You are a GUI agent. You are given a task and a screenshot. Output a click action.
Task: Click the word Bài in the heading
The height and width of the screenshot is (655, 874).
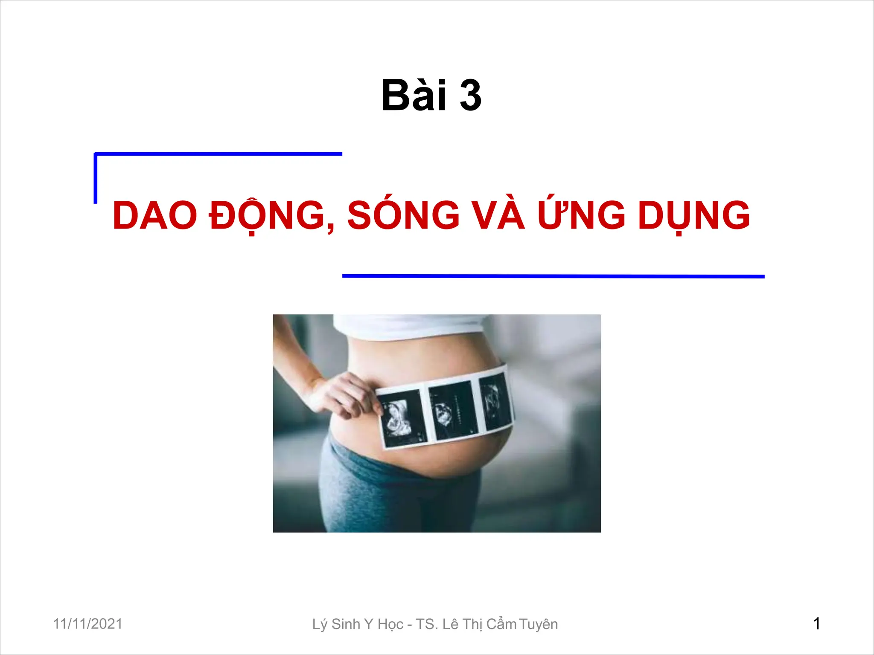tap(414, 96)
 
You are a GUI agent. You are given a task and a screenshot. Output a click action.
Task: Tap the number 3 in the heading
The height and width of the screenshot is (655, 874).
tap(470, 96)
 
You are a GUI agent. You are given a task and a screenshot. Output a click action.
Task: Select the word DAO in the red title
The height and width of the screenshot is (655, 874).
tap(154, 216)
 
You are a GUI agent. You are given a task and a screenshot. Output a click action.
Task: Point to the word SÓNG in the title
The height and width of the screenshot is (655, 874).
tap(403, 215)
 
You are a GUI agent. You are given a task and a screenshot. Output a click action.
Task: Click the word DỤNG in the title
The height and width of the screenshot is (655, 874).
tap(694, 216)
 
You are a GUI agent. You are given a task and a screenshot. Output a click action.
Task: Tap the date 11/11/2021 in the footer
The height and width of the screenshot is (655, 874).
tap(87, 623)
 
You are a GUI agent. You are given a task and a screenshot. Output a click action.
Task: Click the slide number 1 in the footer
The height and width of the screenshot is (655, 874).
tap(816, 624)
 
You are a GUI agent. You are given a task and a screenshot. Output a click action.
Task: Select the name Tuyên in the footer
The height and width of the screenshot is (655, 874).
tap(539, 624)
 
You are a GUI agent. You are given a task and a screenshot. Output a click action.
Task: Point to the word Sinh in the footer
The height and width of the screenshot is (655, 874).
tap(346, 624)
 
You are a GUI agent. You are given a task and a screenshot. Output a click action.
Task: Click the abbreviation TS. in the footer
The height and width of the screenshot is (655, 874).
tap(427, 624)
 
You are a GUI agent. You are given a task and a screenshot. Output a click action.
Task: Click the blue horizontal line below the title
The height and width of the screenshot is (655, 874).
tap(553, 276)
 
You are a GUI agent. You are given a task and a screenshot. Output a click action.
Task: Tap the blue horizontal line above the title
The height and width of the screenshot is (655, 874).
tap(218, 154)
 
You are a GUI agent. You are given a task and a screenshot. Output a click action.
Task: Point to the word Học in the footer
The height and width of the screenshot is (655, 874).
tap(390, 624)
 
